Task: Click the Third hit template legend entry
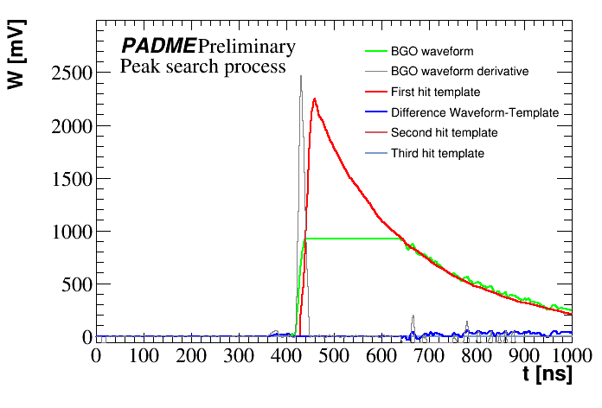438,153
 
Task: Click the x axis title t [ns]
547,376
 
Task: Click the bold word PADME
158,46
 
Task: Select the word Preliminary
246,46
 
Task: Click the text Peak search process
203,67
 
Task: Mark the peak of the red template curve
315,99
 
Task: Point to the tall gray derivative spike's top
301,76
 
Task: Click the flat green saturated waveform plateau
355,238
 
